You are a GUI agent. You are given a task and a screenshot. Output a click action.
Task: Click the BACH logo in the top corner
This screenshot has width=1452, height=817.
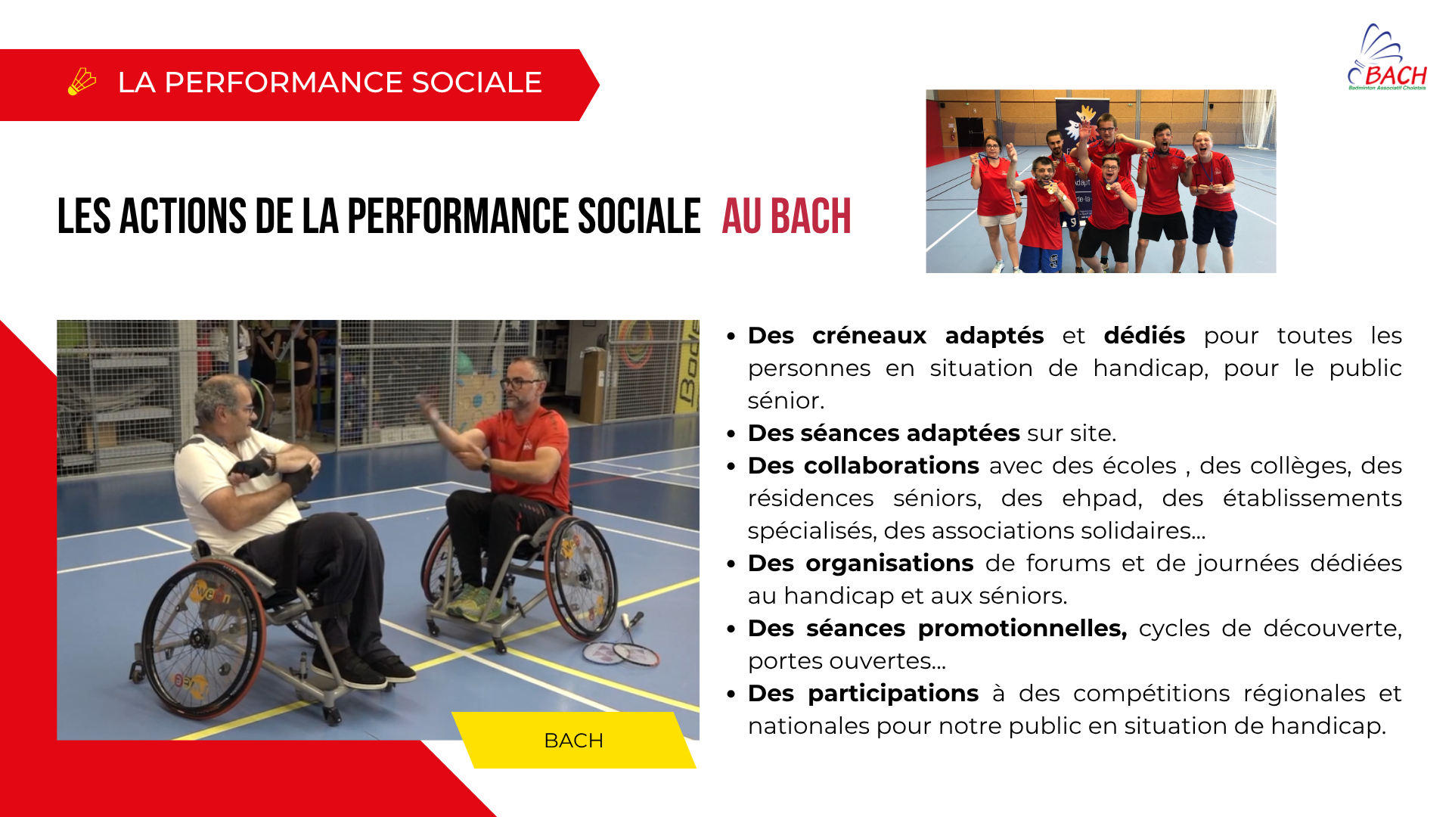tap(1387, 57)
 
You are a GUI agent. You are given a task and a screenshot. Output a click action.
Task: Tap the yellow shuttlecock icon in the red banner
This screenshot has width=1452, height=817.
tap(82, 82)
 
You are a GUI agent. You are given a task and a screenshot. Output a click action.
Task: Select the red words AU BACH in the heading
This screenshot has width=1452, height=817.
tap(786, 216)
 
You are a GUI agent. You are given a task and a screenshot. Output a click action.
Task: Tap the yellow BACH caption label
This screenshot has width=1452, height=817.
tap(574, 741)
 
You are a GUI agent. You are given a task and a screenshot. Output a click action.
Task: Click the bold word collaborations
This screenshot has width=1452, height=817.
tap(891, 466)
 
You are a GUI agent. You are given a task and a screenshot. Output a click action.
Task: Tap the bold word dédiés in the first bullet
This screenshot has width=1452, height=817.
tap(1144, 336)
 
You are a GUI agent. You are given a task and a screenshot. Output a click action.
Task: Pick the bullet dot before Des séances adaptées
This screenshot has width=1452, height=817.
tap(731, 434)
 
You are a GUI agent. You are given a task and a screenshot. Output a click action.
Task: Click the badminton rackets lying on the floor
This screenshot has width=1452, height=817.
tap(619, 645)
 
